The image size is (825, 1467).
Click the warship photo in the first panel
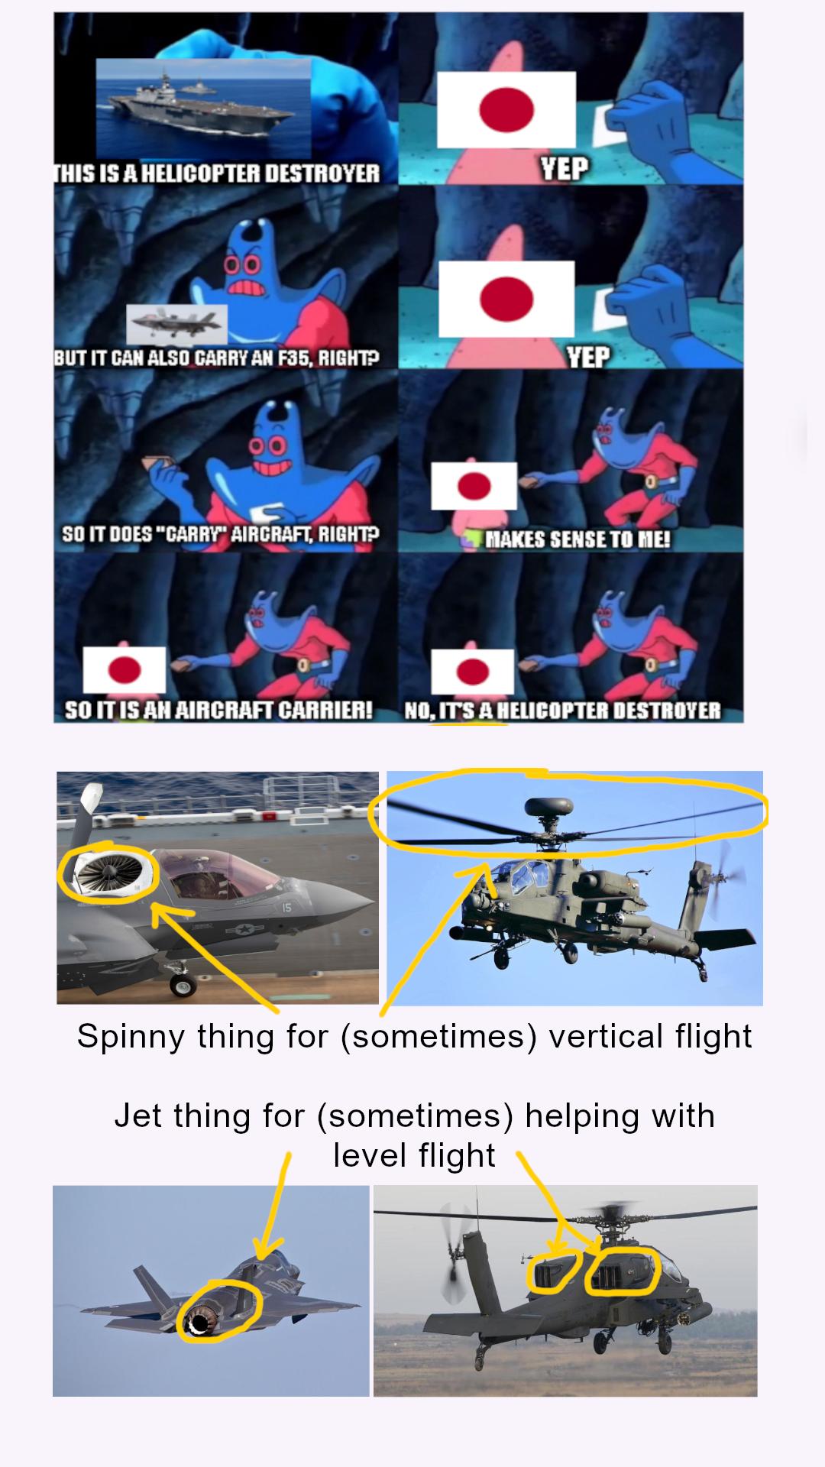[203, 108]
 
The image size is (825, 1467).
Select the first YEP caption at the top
[565, 168]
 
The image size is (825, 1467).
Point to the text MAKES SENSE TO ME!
[578, 539]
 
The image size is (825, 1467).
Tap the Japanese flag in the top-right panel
[506, 109]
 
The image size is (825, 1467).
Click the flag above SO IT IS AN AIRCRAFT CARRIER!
[125, 670]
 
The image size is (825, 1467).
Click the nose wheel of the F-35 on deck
[183, 986]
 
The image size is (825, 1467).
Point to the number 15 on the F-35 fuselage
[286, 908]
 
